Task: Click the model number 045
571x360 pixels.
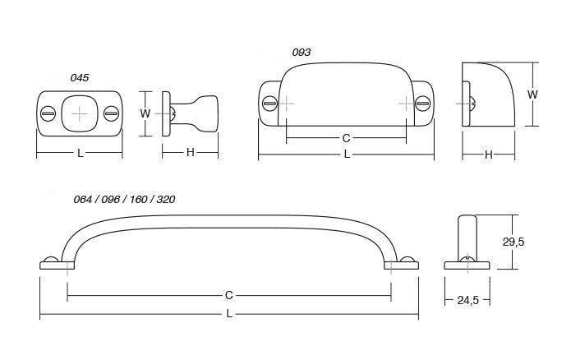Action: (x=80, y=77)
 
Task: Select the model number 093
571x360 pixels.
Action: (x=302, y=53)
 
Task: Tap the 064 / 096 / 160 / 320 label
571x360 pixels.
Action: (x=124, y=200)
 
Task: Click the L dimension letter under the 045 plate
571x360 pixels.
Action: (x=80, y=153)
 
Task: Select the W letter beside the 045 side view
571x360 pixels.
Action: (x=145, y=113)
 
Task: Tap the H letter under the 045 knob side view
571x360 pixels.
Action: (x=190, y=153)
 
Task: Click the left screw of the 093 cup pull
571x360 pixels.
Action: (x=269, y=104)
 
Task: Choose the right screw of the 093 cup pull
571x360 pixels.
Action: (x=423, y=104)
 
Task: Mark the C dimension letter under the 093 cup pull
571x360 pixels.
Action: (x=346, y=138)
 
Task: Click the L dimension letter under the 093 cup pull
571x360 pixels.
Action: (x=346, y=154)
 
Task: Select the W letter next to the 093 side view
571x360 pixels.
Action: (x=532, y=95)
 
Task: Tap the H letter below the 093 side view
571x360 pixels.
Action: (x=488, y=154)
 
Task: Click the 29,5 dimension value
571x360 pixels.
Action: (x=536, y=242)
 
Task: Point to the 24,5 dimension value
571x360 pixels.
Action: (x=468, y=301)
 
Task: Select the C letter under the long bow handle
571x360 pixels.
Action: (x=228, y=294)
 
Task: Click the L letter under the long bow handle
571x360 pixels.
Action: (x=228, y=314)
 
